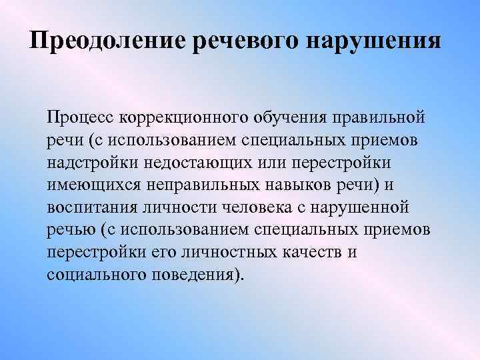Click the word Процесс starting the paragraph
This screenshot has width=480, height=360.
pos(81,118)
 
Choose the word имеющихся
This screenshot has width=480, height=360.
pos(90,185)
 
